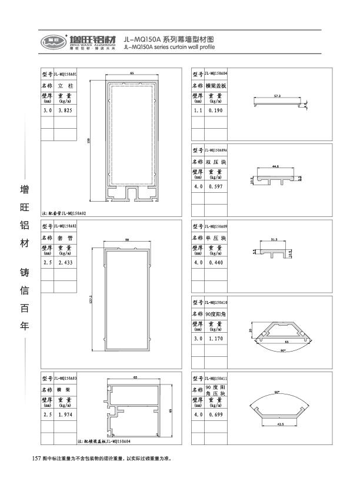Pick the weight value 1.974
point(65,414)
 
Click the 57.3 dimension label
point(276,94)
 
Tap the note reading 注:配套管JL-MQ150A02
point(65,213)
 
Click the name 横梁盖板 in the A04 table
point(215,86)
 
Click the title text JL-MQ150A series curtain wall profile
point(170,46)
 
